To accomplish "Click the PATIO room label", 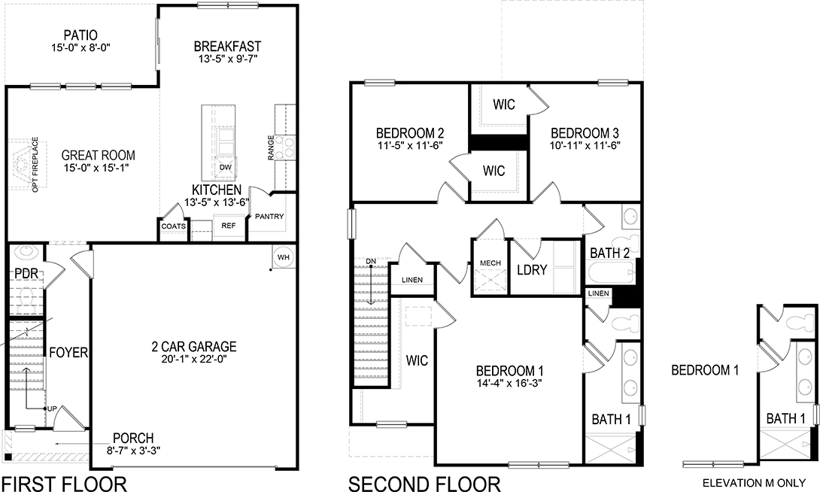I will tap(80, 34).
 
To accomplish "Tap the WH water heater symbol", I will tap(284, 257).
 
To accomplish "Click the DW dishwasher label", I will tap(225, 167).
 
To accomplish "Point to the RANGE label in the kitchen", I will tap(271, 148).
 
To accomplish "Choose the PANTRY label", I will tap(269, 217).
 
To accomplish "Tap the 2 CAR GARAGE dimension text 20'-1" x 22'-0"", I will tap(194, 360).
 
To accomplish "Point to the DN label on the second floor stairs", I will tap(370, 261).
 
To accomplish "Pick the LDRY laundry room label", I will tap(532, 269).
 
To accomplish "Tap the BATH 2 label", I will tap(610, 253).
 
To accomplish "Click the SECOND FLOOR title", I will tap(424, 482).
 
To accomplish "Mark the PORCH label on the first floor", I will tap(133, 438).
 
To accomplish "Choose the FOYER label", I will tap(68, 352).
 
